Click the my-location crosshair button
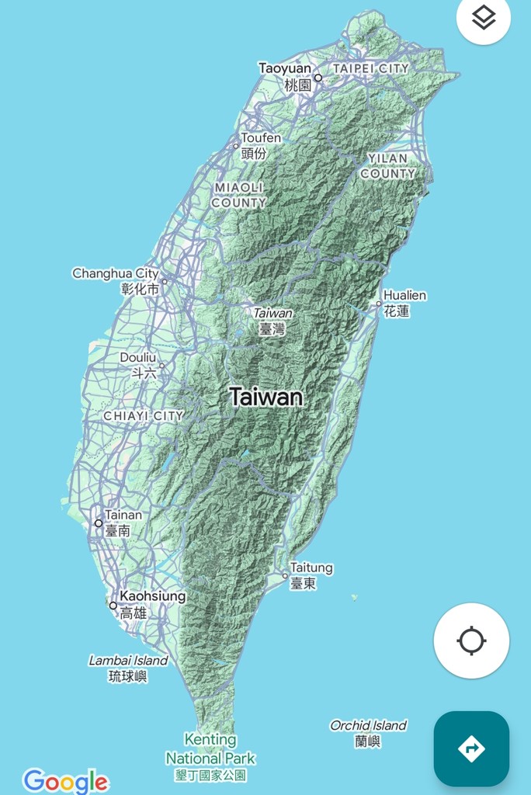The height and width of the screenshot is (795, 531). [x=471, y=641]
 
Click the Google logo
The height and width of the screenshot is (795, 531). [x=65, y=780]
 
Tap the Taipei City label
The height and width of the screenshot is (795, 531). [x=370, y=68]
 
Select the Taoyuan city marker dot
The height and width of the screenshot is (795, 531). [x=318, y=78]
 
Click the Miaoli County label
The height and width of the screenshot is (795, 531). [x=239, y=195]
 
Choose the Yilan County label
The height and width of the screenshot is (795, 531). [x=388, y=166]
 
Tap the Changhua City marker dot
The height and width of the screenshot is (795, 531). [x=165, y=282]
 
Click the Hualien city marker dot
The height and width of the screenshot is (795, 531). [x=379, y=304]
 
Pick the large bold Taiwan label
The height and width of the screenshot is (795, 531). [x=266, y=397]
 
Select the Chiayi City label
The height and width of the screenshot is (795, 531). [x=144, y=416]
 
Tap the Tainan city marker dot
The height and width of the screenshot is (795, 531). [x=99, y=523]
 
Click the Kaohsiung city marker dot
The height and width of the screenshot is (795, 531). [x=113, y=606]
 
